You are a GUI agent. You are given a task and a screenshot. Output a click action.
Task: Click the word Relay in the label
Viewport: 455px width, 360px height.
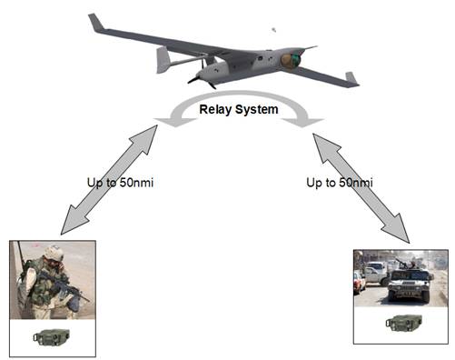point(215,110)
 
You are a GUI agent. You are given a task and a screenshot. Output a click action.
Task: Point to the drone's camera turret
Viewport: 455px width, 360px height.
point(291,60)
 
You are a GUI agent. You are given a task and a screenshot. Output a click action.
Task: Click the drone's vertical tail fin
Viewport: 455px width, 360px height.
point(163,60)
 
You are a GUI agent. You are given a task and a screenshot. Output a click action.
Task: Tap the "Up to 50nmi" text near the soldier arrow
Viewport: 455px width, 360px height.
point(120,183)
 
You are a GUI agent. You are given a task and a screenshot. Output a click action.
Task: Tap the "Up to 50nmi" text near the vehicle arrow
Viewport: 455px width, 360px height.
point(340,183)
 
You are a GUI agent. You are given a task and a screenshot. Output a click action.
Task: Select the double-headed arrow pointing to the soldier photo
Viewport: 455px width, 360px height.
point(109,180)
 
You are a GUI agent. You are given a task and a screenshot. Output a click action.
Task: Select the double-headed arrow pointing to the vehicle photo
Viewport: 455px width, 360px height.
point(361,188)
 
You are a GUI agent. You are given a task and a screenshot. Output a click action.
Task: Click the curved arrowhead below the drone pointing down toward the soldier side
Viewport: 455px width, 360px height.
point(175,122)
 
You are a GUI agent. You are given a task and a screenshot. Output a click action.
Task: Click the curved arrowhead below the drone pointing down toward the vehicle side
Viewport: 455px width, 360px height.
point(302,122)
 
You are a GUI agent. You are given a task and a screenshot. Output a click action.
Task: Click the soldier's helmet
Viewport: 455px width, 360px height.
point(54,253)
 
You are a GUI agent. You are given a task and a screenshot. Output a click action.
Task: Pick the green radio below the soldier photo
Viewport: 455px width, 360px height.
point(52,337)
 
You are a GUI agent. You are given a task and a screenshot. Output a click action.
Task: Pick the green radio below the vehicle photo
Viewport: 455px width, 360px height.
point(404,323)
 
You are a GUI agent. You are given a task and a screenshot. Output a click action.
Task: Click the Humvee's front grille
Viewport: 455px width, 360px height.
point(409,285)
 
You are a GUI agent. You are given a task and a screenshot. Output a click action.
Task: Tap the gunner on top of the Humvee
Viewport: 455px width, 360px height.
point(411,264)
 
